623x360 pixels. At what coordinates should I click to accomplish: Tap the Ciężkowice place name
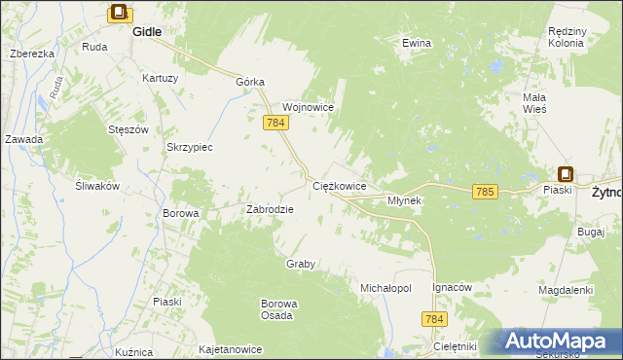[x=339, y=185]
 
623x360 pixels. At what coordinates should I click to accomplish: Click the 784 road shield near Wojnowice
[x=274, y=123]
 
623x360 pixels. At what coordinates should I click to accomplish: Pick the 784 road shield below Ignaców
[x=435, y=319]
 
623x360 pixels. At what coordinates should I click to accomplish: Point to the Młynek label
[x=404, y=200]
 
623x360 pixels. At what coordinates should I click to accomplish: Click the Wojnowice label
[x=309, y=107]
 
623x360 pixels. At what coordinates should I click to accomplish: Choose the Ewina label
[x=417, y=44]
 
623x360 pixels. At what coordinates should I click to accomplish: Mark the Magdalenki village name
[x=566, y=290]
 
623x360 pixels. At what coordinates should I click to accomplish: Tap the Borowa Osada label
[x=278, y=309]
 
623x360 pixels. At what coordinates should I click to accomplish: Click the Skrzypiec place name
[x=190, y=147]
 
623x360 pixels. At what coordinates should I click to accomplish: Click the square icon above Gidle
[x=119, y=13]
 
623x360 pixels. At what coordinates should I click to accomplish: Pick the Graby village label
[x=301, y=265]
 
